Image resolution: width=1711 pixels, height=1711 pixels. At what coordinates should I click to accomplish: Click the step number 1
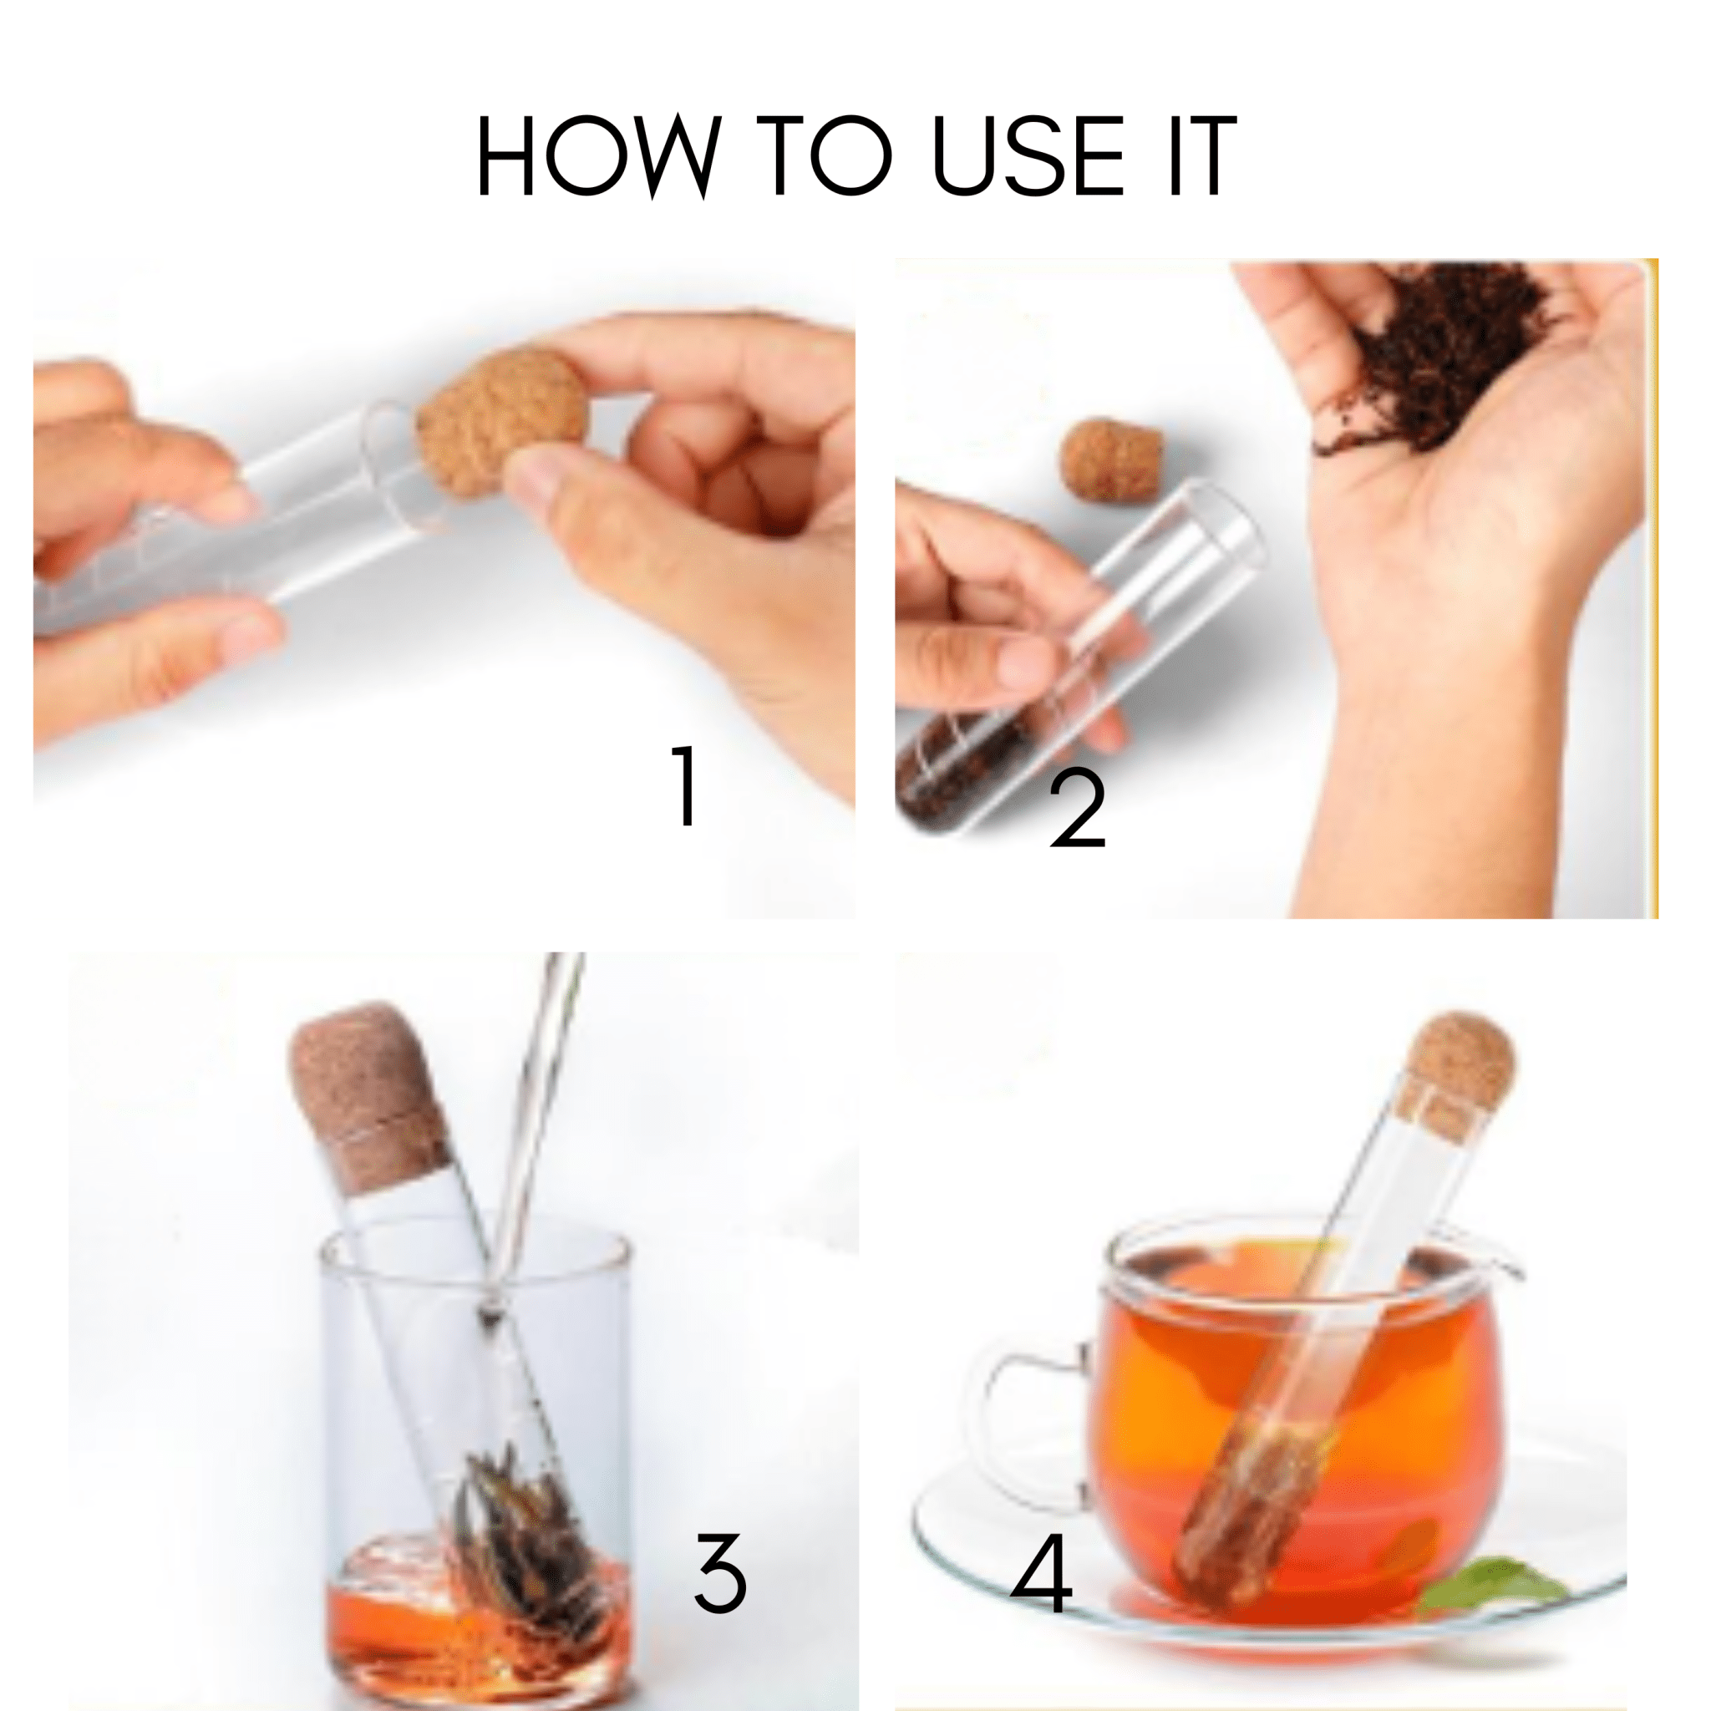tap(685, 784)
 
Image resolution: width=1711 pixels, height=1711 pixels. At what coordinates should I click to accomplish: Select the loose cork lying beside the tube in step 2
tap(1111, 459)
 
